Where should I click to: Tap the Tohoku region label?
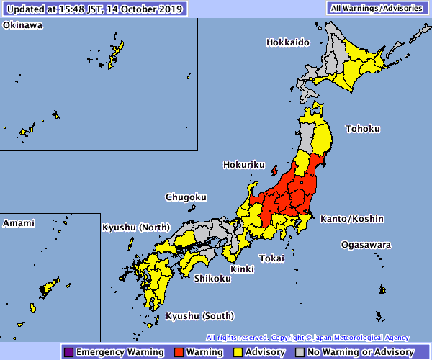pos(361,129)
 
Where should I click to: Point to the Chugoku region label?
pos(186,197)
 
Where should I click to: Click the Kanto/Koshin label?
pos(352,219)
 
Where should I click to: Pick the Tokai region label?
pos(272,258)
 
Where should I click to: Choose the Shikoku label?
pos(212,279)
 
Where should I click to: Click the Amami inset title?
pos(19,223)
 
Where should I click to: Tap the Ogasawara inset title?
pos(366,245)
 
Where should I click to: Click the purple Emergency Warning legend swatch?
pos(68,352)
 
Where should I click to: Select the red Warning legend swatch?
pos(179,352)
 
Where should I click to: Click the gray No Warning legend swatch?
pos(300,352)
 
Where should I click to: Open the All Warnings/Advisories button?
pos(374,9)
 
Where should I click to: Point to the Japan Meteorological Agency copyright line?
pos(307,338)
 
